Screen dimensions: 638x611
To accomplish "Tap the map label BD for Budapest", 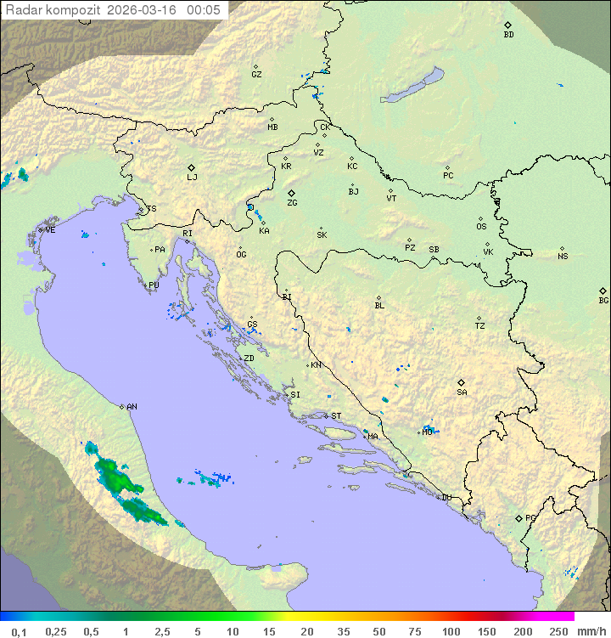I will [x=508, y=35].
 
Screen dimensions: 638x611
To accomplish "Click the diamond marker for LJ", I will [x=192, y=167].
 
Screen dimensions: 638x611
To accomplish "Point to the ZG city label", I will [x=292, y=203].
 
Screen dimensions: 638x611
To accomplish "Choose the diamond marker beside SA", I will [x=462, y=382].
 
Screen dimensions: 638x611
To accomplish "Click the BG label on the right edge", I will [x=603, y=300].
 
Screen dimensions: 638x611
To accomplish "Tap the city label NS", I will [x=563, y=257].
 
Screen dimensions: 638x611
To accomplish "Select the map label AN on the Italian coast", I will [x=132, y=407].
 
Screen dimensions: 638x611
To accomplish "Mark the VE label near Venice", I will [x=50, y=230].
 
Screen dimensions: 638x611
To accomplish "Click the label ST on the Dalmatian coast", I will [x=336, y=416].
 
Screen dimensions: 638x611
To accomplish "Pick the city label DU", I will [x=446, y=498].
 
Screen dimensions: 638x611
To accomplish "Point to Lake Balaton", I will [x=412, y=86].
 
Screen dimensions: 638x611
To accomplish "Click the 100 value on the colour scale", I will [x=451, y=631].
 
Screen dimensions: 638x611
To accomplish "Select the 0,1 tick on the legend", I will [x=19, y=631].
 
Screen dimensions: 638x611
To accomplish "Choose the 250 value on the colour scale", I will [x=558, y=631].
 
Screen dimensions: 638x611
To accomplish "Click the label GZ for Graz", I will [x=256, y=74].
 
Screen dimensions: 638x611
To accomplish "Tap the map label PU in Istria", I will [x=154, y=285].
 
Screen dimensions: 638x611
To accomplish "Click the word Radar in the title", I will [x=23, y=9].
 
